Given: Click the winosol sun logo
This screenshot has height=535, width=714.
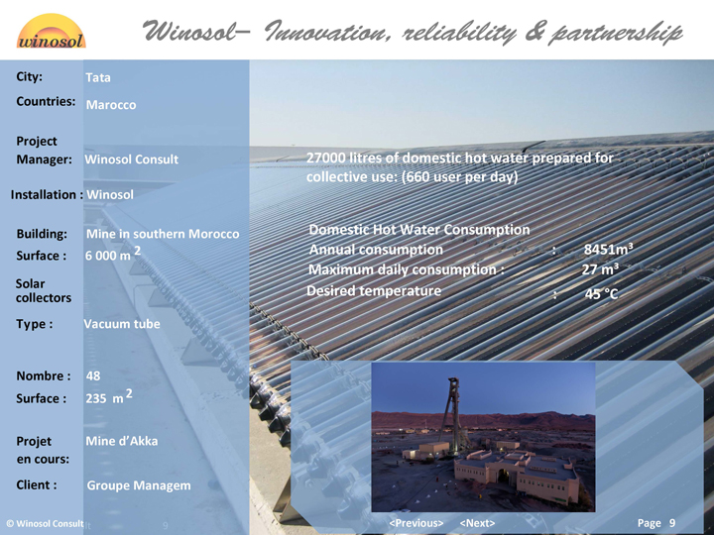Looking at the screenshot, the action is click(51, 31).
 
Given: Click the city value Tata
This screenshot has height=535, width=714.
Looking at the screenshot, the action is click(98, 77).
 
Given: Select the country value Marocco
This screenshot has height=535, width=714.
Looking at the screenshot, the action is click(111, 105).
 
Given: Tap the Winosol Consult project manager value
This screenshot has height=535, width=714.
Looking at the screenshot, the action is click(132, 160).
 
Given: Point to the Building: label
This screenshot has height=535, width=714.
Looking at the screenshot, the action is click(42, 234).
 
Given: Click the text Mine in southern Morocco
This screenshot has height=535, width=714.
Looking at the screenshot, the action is click(163, 234).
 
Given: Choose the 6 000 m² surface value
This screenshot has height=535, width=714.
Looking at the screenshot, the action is click(113, 254).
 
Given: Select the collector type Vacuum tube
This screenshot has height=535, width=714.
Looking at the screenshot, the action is click(122, 324).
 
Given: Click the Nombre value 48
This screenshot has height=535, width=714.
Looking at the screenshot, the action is click(93, 375).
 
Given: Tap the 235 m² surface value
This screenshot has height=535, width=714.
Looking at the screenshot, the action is click(109, 396).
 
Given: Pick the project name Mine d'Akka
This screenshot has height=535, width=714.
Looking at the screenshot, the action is click(122, 441).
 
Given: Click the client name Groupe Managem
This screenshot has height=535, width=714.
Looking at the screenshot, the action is click(139, 485).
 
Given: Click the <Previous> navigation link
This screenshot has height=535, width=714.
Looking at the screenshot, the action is click(416, 523).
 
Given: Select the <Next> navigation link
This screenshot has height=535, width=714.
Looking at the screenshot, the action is click(477, 523).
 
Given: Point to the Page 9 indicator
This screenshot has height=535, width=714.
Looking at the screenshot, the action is click(656, 523).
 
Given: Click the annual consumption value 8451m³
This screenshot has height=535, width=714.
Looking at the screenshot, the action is click(608, 250).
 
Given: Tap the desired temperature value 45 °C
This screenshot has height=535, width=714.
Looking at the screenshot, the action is click(601, 294).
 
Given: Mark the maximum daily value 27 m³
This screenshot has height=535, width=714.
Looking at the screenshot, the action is click(600, 269).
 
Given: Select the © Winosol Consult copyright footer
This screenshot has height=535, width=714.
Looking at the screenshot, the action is click(45, 524).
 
